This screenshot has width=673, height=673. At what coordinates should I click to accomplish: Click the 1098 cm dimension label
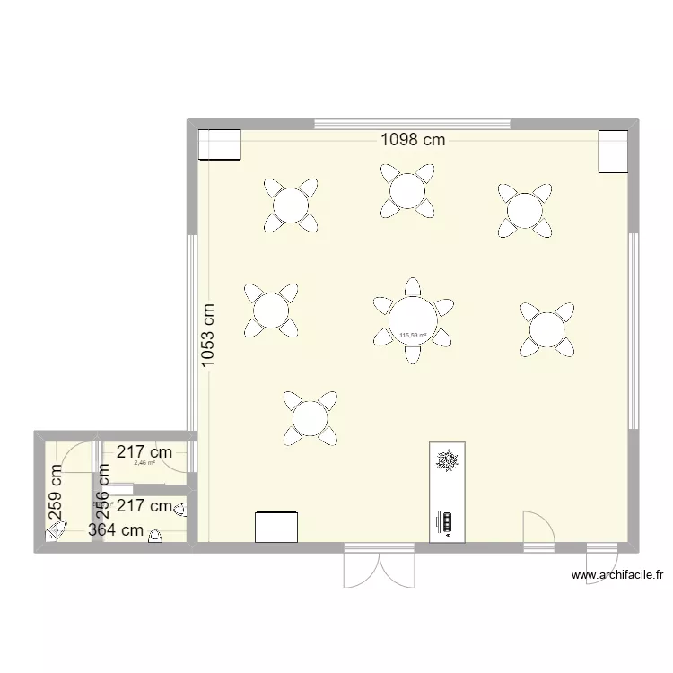pyautogui.click(x=413, y=139)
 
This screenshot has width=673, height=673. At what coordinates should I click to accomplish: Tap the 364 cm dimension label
pyautogui.click(x=116, y=529)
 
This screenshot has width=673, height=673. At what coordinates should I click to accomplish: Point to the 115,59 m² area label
pyautogui.click(x=413, y=336)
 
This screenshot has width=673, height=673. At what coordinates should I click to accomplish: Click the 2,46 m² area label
pyautogui.click(x=144, y=464)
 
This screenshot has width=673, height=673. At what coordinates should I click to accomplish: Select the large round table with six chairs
pyautogui.click(x=413, y=320)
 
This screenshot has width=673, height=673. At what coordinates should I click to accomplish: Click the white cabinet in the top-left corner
pyautogui.click(x=220, y=145)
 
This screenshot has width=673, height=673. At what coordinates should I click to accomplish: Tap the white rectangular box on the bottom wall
pyautogui.click(x=276, y=527)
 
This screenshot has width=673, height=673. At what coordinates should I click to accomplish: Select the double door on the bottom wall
pyautogui.click(x=380, y=567)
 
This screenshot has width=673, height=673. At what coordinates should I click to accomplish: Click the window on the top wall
pyautogui.click(x=413, y=124)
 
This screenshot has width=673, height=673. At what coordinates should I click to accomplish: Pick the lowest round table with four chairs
pyautogui.click(x=310, y=417)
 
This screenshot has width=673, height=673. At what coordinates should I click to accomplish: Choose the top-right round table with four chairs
pyautogui.click(x=524, y=211)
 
